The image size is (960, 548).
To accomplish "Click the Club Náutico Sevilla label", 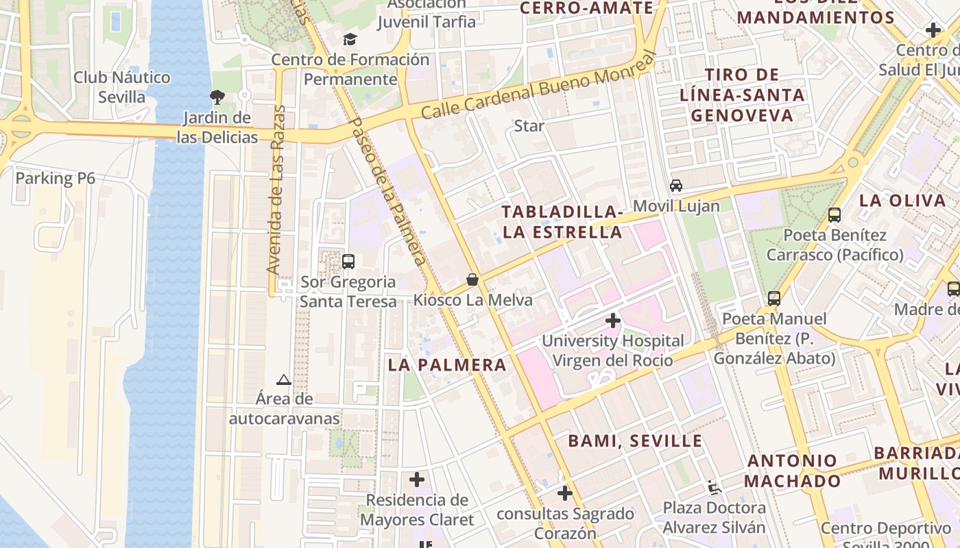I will click(121, 87).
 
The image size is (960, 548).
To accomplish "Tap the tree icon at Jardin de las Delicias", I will click(217, 97).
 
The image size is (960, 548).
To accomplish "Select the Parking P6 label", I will click(55, 179).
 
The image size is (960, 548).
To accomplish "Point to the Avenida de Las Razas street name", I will click(276, 190).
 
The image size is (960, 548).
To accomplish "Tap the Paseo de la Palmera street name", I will click(387, 190).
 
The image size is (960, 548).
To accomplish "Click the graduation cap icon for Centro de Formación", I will click(350, 40).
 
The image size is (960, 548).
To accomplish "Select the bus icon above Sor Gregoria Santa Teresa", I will click(348, 261).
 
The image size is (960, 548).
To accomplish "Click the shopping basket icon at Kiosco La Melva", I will click(472, 279).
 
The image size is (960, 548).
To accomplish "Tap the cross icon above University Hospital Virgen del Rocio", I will click(613, 321).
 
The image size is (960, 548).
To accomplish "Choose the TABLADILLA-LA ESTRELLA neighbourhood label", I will click(562, 222).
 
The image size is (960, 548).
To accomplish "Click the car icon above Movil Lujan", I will click(676, 186).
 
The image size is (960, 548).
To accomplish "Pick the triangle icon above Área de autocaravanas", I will click(284, 379).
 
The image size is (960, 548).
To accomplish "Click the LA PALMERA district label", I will click(447, 364).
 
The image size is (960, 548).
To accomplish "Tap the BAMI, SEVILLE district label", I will click(635, 440).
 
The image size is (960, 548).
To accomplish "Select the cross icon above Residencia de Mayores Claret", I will click(416, 480).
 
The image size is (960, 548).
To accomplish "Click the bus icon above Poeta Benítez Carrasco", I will click(835, 215).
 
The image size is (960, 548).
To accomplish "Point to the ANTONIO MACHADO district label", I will click(792, 471).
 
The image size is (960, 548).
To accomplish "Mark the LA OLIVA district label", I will click(902, 201).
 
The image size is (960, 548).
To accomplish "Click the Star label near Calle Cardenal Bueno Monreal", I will click(529, 126).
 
